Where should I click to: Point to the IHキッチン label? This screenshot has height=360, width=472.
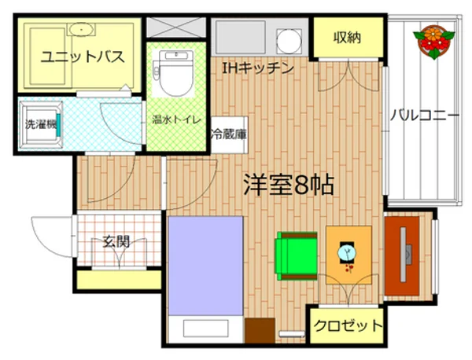(x=257, y=68)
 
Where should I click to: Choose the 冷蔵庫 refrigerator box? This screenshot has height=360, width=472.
(x=227, y=134)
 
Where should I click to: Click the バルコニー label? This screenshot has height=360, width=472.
(x=425, y=116)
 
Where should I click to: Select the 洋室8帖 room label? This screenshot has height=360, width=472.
(x=288, y=186)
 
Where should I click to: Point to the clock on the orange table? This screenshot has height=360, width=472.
(x=347, y=253)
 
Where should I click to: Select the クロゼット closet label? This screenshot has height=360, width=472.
(x=348, y=324)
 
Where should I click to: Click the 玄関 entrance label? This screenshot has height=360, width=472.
(x=115, y=241)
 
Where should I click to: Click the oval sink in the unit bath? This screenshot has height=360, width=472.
(x=79, y=29)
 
